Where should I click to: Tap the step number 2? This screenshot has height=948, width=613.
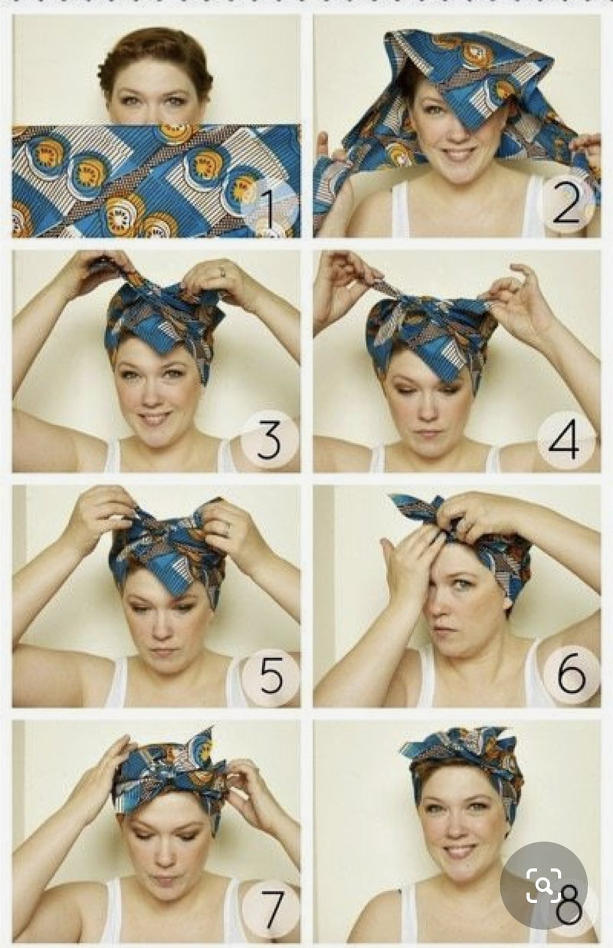[x=566, y=204]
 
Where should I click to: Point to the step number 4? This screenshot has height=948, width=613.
[x=564, y=440]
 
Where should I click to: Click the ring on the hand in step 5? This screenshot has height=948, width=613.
[x=228, y=527]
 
